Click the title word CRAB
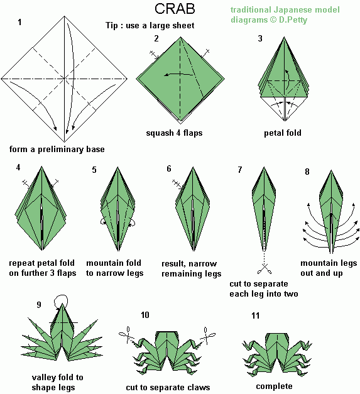tap(175, 9)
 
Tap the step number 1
tap(19, 23)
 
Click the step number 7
tap(240, 170)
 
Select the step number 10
tap(145, 315)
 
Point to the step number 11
tap(256, 315)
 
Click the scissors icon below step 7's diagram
tap(265, 269)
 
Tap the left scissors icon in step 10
tap(126, 334)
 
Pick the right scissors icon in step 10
tap(207, 335)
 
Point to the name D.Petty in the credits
tap(293, 20)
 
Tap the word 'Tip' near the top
tap(111, 25)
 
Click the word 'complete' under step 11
tap(274, 386)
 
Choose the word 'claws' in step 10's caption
tap(199, 387)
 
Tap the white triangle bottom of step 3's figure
tap(285, 108)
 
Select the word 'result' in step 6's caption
tap(173, 264)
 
